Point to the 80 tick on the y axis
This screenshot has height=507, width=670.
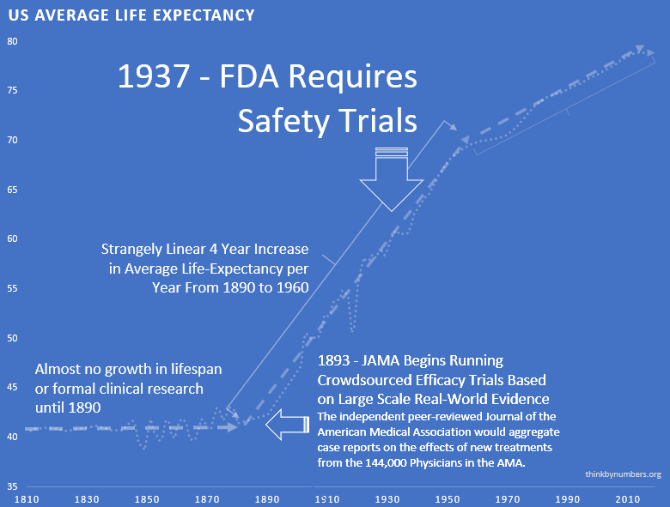click(12, 41)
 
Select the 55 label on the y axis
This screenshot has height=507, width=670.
click(12, 289)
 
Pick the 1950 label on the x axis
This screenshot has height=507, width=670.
click(447, 498)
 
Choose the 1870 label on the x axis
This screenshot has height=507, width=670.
click(206, 498)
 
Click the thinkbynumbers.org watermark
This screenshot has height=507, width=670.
click(623, 474)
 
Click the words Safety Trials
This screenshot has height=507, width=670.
click(327, 120)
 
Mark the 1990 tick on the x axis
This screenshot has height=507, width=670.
click(567, 498)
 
